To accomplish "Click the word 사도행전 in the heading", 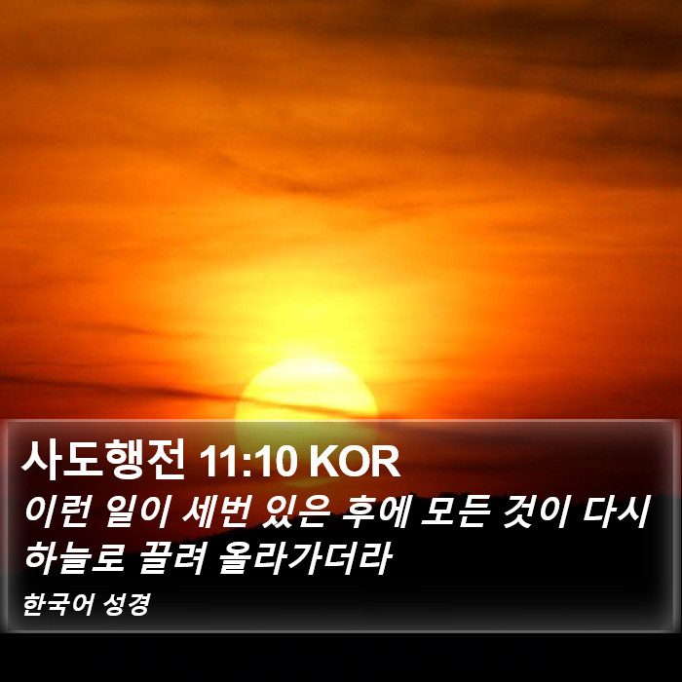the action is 103,459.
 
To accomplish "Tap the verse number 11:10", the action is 246,462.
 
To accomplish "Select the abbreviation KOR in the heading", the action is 354,462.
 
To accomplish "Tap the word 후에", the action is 374,511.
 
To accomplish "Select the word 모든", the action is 455,511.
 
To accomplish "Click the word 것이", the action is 535,511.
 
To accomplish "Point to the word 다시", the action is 616,511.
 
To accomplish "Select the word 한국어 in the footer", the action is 57,605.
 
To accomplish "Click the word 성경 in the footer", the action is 127,605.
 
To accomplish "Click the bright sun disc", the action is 306,392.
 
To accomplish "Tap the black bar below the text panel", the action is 341,658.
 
